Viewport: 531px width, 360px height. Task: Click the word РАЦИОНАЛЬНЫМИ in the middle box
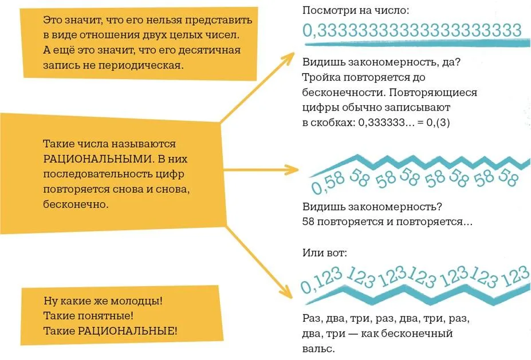tap(98, 159)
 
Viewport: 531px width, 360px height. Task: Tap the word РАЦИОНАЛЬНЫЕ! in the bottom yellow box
tap(127, 331)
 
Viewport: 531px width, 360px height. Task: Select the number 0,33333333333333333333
tap(412, 30)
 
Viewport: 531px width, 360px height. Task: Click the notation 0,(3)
tap(438, 122)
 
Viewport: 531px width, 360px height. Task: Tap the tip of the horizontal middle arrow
tap(298, 169)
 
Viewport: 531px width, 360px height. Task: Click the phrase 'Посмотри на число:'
tap(356, 10)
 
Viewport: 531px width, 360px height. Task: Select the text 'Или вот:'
tap(324, 252)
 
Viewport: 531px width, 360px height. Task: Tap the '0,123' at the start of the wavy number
tap(321, 280)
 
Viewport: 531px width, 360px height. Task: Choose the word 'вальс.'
tap(318, 349)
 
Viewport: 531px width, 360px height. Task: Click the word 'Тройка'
tap(321, 77)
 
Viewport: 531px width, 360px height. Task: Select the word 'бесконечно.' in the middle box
tap(76, 204)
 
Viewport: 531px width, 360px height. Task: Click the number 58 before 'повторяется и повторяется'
tap(308, 221)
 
